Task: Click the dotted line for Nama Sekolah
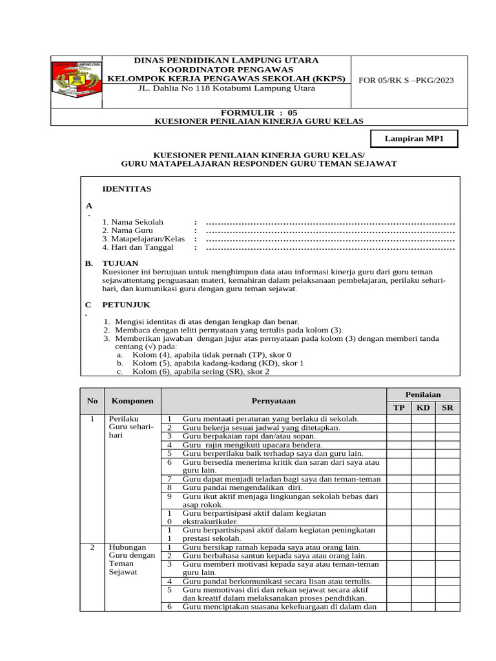(330, 221)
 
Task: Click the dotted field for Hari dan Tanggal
(330, 247)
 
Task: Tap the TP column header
(398, 408)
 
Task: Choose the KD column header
(423, 408)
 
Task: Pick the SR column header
(447, 408)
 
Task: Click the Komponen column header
(131, 401)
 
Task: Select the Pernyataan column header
(274, 401)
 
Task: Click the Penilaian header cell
(422, 394)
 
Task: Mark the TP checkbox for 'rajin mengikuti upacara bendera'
(398, 445)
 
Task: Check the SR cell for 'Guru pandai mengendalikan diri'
(447, 488)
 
